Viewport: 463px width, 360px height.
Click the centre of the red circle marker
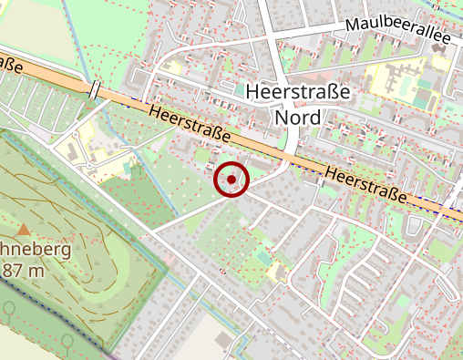(231, 180)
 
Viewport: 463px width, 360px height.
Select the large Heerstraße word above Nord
(298, 92)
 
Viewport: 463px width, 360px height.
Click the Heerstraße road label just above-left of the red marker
(188, 125)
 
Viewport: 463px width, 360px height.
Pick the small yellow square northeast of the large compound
(440, 63)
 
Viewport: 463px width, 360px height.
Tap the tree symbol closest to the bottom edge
(67, 340)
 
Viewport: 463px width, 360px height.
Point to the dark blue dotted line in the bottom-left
(46, 310)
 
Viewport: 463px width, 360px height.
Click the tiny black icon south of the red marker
(223, 271)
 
